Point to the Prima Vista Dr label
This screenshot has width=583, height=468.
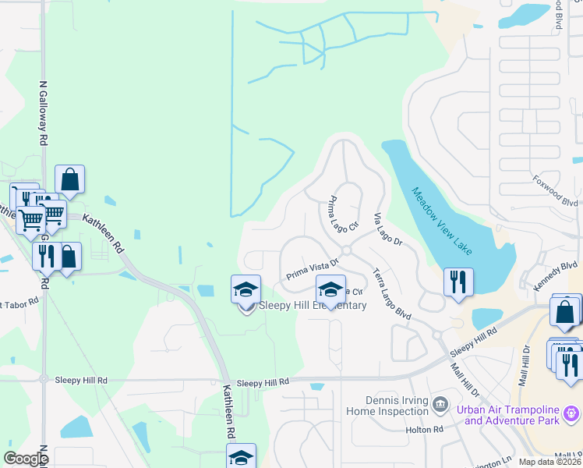click(x=312, y=270)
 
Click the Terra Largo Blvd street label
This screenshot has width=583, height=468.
click(x=390, y=294)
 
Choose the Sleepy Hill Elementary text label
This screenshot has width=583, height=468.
click(x=312, y=305)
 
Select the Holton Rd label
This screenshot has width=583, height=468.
click(x=423, y=430)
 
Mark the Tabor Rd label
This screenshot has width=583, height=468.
click(x=19, y=302)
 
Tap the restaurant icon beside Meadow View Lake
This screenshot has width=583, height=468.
click(x=458, y=281)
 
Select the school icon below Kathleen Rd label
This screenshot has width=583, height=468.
click(x=241, y=457)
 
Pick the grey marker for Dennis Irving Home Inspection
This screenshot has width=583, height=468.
click(x=440, y=404)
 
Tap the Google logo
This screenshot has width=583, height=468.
click(x=26, y=458)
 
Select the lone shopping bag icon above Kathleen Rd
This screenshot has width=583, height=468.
click(x=69, y=179)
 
